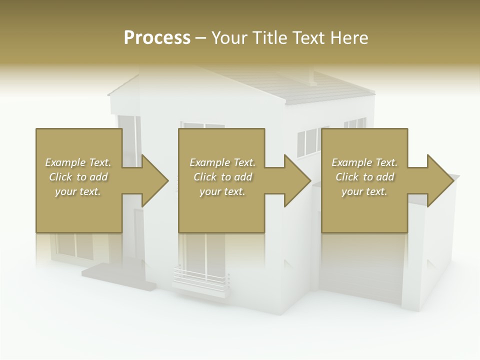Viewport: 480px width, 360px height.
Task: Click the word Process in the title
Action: pyautogui.click(x=157, y=38)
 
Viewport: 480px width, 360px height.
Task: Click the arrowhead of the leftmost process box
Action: pyautogui.click(x=155, y=180)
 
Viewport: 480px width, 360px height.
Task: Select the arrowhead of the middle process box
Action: pyautogui.click(x=297, y=180)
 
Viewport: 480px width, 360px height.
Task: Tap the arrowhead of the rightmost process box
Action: pyautogui.click(x=440, y=180)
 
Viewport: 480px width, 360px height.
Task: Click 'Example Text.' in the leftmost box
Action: pyautogui.click(x=78, y=162)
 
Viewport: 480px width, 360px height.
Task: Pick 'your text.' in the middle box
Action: pyautogui.click(x=222, y=191)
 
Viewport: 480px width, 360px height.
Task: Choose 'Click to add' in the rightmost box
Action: pyautogui.click(x=365, y=177)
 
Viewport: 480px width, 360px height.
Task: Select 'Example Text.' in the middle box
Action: pyautogui.click(x=222, y=162)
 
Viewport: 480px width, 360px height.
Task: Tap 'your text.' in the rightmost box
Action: pyautogui.click(x=364, y=191)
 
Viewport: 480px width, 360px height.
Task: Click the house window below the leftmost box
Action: pyautogui.click(x=75, y=245)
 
